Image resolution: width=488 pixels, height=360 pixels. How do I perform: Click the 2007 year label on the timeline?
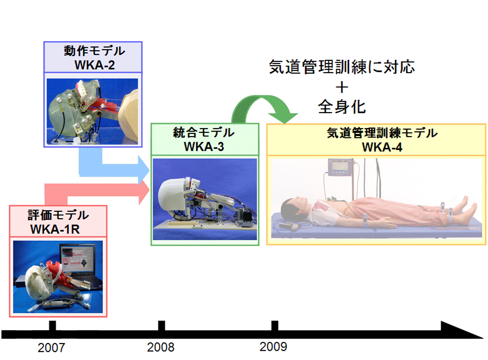click(x=51, y=348)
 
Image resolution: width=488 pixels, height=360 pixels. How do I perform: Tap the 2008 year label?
click(x=161, y=347)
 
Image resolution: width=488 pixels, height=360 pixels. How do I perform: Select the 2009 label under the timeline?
click(x=273, y=347)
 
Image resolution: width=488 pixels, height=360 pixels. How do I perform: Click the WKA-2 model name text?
click(x=94, y=65)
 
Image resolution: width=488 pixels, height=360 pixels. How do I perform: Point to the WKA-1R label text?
click(x=55, y=229)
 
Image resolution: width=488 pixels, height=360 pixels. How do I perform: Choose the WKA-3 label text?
click(x=204, y=147)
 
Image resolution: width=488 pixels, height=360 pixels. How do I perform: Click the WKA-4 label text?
click(x=382, y=147)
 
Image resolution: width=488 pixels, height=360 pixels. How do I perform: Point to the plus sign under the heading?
click(x=342, y=87)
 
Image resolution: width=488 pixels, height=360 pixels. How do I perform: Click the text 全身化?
click(x=342, y=107)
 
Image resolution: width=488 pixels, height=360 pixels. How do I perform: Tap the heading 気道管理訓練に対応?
click(x=342, y=67)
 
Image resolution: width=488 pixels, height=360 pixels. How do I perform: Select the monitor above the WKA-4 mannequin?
click(x=340, y=167)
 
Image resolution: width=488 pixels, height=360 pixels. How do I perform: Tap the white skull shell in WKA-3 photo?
click(x=171, y=195)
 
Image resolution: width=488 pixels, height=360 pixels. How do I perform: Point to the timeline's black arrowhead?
click(x=461, y=330)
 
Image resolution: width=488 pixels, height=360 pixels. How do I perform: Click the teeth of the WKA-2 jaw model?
click(x=84, y=88)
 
